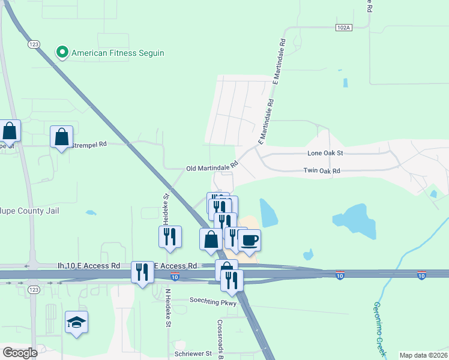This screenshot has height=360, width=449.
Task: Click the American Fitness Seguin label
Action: click(x=118, y=53)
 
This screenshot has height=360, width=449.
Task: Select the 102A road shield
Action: click(x=343, y=27)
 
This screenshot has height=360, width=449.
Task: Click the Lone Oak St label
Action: click(x=325, y=153)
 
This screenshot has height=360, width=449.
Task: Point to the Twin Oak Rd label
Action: click(x=322, y=171)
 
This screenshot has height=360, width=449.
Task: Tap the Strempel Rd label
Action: click(x=89, y=145)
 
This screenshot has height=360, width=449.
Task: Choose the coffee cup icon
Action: click(x=250, y=240)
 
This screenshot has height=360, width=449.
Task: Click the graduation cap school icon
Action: click(x=76, y=323)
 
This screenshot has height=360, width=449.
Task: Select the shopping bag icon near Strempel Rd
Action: click(x=62, y=137)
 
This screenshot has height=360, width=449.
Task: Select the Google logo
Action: click(x=20, y=353)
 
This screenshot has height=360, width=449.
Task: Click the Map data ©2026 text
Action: click(x=423, y=355)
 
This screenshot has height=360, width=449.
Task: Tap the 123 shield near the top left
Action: click(x=34, y=44)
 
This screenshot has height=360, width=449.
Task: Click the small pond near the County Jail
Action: click(x=91, y=212)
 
